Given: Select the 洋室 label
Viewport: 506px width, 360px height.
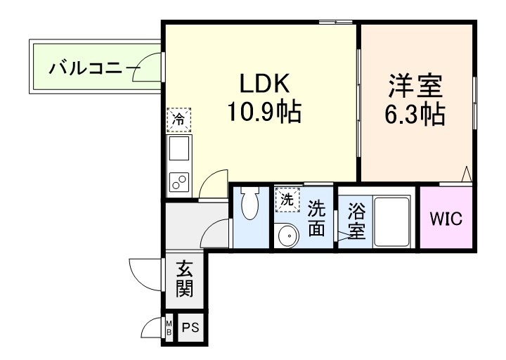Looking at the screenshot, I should point(417,89).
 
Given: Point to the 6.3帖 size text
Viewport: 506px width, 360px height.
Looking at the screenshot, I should point(417,114).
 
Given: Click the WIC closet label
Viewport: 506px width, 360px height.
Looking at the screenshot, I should point(446,219).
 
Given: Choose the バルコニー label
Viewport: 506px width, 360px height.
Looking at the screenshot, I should point(85,70).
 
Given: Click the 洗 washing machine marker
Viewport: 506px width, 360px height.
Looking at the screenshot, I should point(287,199).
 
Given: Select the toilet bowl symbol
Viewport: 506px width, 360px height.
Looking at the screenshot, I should point(250,205).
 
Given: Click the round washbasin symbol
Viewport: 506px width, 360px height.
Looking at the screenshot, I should point(285,236).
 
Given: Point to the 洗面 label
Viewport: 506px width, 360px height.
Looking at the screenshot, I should point(317,219).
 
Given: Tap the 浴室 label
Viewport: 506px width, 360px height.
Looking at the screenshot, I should point(356,220).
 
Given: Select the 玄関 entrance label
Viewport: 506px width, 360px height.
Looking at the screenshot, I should point(185,278).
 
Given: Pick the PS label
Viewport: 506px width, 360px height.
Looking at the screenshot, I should point(190,328).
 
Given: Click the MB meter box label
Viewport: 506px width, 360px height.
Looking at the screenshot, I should point(169,328).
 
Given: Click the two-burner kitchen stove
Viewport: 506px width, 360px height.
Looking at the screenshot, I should point(179,182).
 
